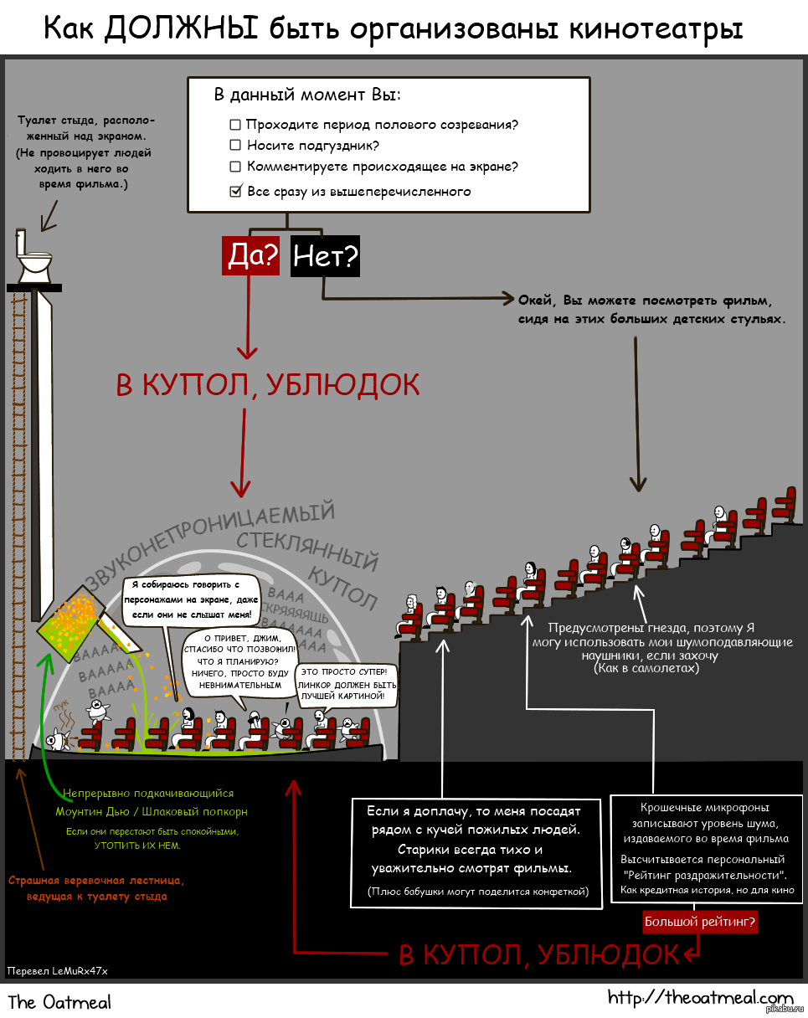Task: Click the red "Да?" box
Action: (x=250, y=256)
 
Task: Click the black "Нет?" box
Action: (x=325, y=256)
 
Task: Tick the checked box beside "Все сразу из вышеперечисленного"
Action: (x=235, y=192)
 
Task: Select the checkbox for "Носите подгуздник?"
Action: (x=235, y=146)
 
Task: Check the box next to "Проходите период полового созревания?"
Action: (x=235, y=125)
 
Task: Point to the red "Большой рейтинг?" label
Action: (x=700, y=922)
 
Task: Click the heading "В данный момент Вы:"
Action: (x=307, y=95)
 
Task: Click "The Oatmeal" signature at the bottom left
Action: (x=59, y=1001)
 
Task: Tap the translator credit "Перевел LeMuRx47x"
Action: (x=58, y=970)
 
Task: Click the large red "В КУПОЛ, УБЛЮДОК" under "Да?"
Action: (x=267, y=385)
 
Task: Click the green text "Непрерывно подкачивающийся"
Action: (x=148, y=793)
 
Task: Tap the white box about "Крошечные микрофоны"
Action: (x=702, y=848)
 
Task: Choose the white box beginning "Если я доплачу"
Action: (x=476, y=852)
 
